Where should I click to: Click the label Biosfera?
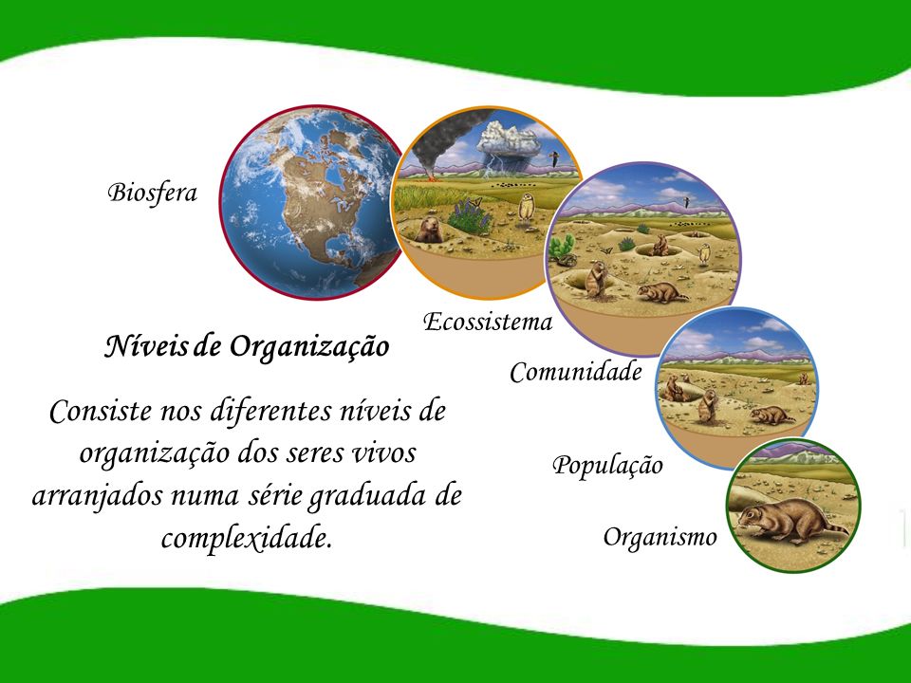[152, 193]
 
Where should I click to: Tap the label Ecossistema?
[488, 322]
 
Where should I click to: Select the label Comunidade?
[576, 372]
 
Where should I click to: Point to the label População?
[607, 465]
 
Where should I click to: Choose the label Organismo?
[660, 537]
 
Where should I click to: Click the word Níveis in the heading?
[146, 346]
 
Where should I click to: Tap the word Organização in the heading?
[309, 348]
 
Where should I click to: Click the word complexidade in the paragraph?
[247, 537]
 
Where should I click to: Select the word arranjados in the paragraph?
[98, 496]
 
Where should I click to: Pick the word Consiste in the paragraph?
[100, 411]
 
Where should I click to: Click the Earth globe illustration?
[310, 203]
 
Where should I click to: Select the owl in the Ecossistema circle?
[527, 207]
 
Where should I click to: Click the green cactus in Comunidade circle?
[561, 247]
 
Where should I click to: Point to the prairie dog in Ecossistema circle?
[429, 230]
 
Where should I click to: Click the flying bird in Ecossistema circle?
[555, 157]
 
